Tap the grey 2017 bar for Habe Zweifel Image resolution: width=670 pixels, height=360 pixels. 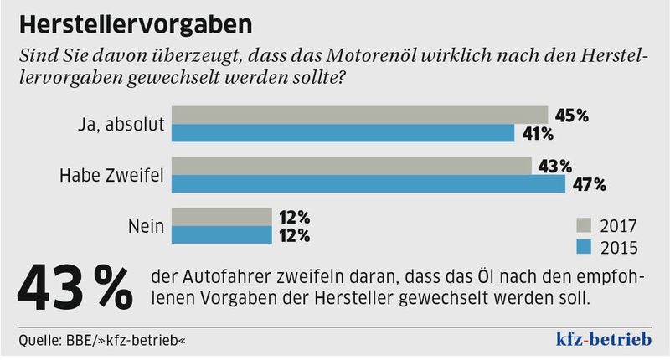[x=351, y=166]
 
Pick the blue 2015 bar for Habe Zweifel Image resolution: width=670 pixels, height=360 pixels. [x=368, y=184]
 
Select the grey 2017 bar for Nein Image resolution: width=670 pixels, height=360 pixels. [x=221, y=216]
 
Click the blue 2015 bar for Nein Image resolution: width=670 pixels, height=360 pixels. [x=221, y=234]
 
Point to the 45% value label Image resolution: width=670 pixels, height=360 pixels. [x=571, y=116]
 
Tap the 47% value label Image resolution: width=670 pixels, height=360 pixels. [x=588, y=184]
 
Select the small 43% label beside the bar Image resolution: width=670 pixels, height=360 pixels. [x=554, y=166]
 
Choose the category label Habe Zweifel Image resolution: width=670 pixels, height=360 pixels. [x=111, y=175]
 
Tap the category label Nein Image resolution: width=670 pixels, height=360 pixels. [x=145, y=225]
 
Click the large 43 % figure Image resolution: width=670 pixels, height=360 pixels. [x=75, y=289]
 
